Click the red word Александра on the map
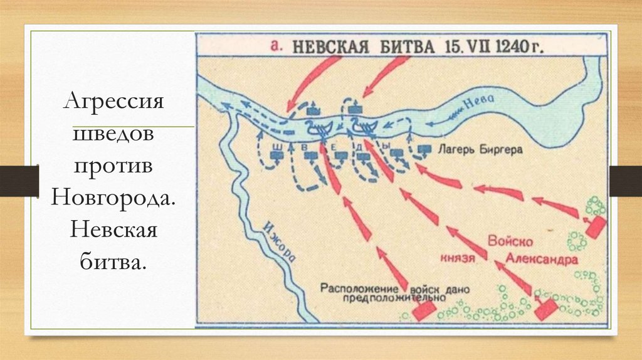534,258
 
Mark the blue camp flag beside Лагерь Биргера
425,149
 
